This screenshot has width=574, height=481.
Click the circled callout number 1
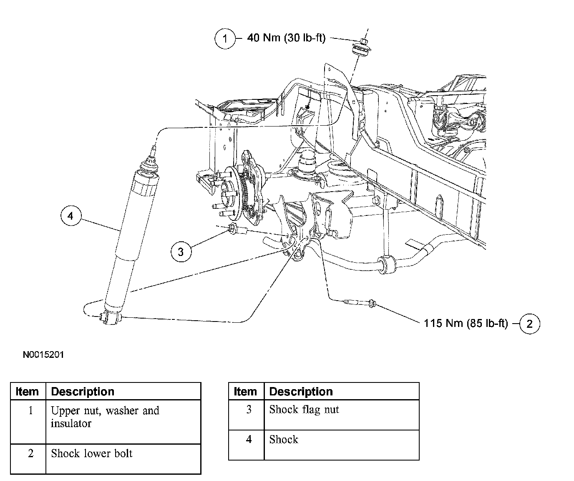click(x=225, y=39)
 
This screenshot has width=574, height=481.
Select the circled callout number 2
click(x=529, y=324)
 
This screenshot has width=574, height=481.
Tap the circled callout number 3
click(x=181, y=251)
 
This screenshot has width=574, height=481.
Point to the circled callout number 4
click(x=70, y=216)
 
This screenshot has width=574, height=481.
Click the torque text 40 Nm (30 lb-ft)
click(x=286, y=38)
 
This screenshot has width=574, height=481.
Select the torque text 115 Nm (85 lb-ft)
click(x=466, y=323)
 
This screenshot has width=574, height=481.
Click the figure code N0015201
click(x=43, y=355)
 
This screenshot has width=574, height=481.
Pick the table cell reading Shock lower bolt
click(x=92, y=453)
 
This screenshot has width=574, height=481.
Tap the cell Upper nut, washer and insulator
click(x=105, y=417)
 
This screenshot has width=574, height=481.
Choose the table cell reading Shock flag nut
click(x=304, y=410)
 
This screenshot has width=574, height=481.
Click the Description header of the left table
click(x=82, y=392)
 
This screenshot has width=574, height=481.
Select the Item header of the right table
click(x=245, y=392)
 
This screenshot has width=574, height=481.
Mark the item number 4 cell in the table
click(x=249, y=439)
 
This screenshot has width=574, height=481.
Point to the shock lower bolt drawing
click(x=359, y=302)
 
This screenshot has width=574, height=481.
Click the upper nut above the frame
click(x=363, y=41)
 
